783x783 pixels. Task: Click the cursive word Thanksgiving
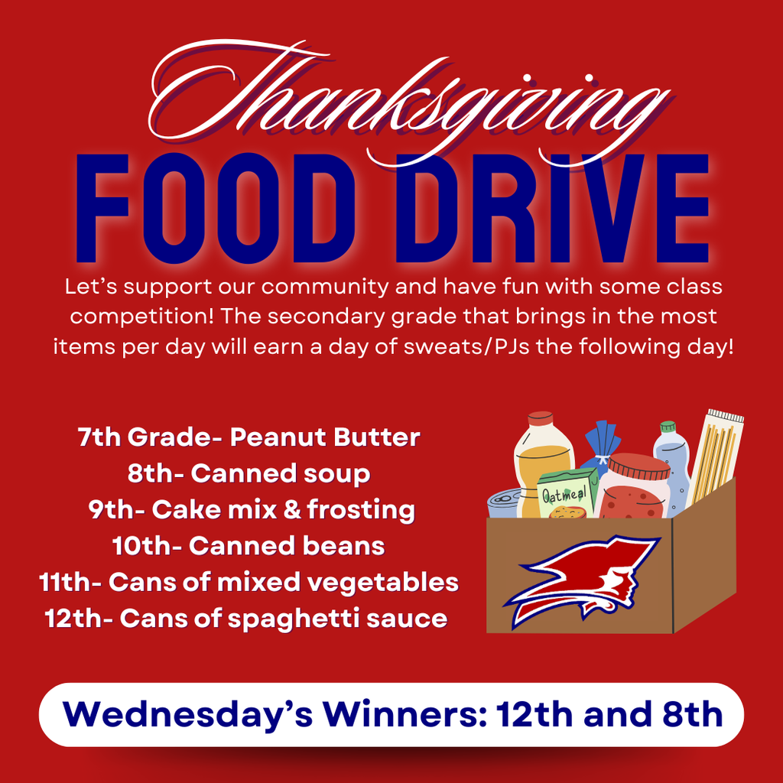(x=405, y=103)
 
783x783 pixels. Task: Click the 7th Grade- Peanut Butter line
(x=249, y=437)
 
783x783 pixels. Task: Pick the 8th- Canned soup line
(x=249, y=473)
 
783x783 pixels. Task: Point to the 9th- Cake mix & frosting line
(x=251, y=509)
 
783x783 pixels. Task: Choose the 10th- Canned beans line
(x=248, y=545)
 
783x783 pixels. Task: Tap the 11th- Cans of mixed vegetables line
(x=249, y=582)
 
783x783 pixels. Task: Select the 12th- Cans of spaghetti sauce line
(x=245, y=618)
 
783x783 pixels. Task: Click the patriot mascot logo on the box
(x=585, y=577)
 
